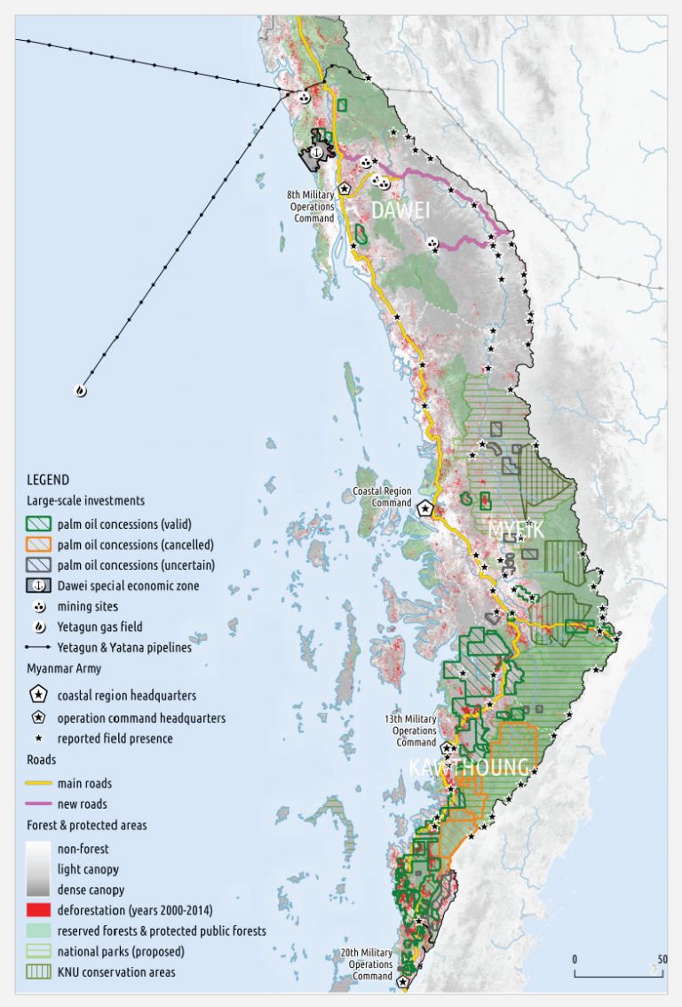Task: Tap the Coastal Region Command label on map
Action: point(382,496)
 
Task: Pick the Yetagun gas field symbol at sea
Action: point(81,389)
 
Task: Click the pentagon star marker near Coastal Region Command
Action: point(426,507)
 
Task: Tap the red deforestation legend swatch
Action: point(39,911)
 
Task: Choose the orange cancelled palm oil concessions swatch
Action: point(39,544)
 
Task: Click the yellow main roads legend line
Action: point(39,783)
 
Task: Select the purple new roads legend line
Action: point(39,803)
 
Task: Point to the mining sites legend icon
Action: point(39,606)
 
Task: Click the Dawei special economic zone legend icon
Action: point(39,586)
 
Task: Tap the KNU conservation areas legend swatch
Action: point(39,971)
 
